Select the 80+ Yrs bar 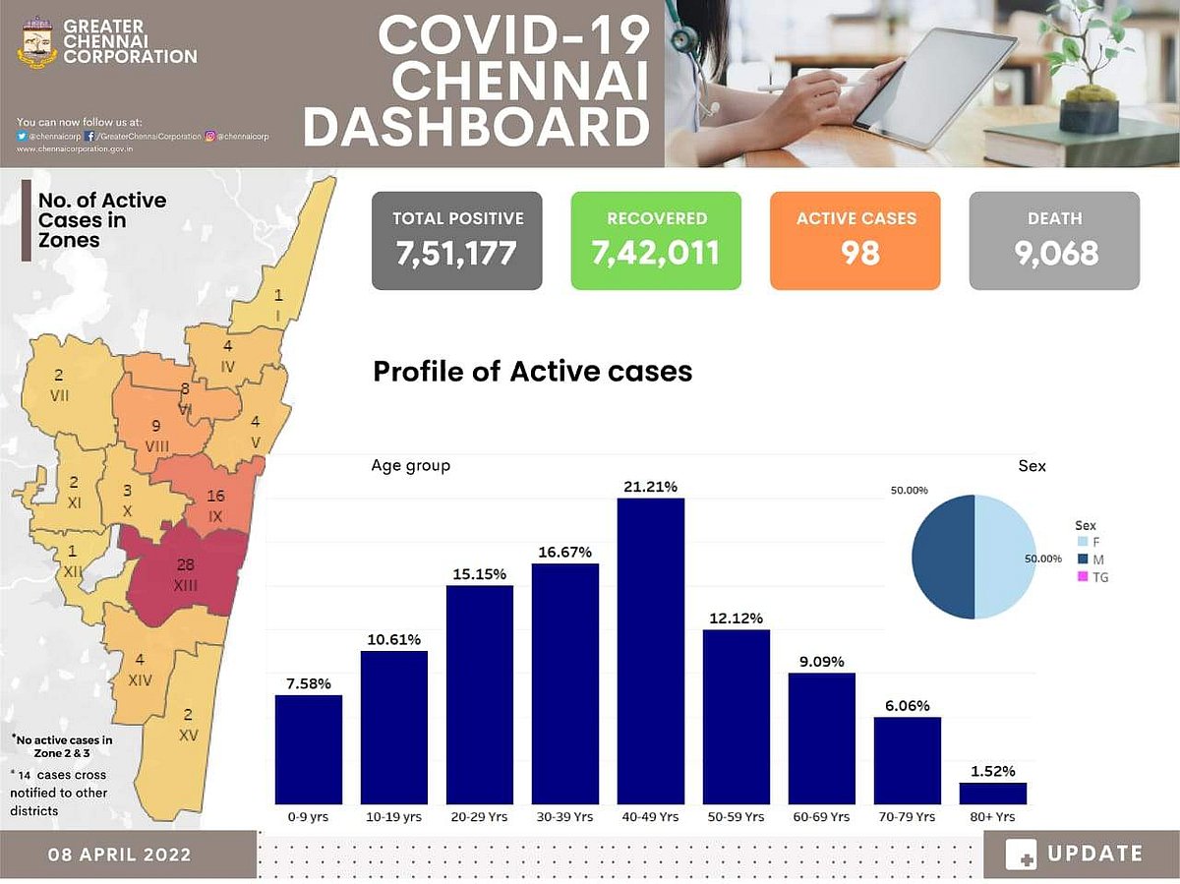(x=992, y=794)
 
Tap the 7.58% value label (x=308, y=683)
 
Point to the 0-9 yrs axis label (x=308, y=817)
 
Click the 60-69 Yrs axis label (x=821, y=817)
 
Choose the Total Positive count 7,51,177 (x=457, y=253)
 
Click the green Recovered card (x=656, y=241)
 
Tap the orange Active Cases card (x=855, y=241)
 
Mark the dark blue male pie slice (x=943, y=558)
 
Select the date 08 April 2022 (x=120, y=854)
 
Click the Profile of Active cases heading (x=532, y=372)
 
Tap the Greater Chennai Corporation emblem (x=37, y=41)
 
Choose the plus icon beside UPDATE (x=1021, y=855)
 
